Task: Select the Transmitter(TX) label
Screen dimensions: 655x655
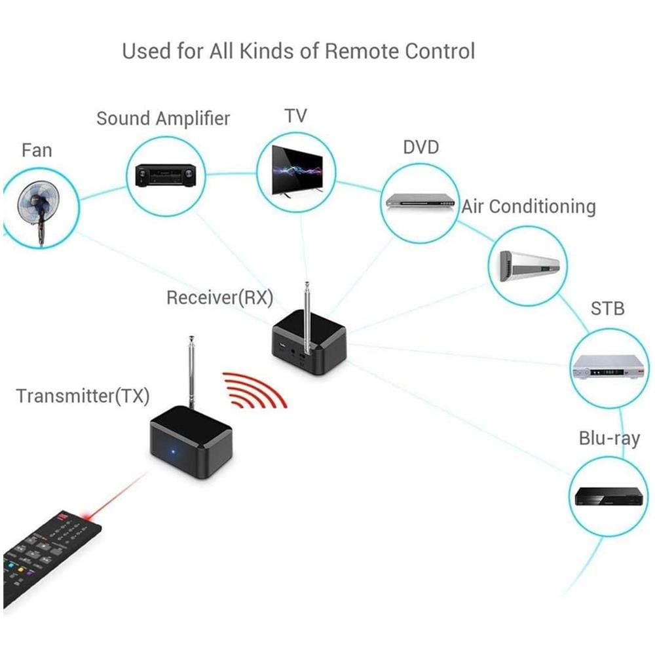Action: [83, 396]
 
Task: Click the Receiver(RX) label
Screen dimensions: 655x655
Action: [219, 297]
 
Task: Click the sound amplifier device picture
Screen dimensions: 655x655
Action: [166, 176]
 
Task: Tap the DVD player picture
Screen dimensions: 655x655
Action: [420, 200]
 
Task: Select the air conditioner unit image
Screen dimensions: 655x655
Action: [529, 266]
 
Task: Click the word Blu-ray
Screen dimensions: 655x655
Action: [609, 438]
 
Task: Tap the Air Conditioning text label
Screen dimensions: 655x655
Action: [529, 207]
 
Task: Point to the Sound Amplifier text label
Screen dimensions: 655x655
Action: [163, 119]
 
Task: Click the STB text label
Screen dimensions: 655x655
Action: [607, 308]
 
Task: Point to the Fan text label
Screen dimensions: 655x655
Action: [37, 150]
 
